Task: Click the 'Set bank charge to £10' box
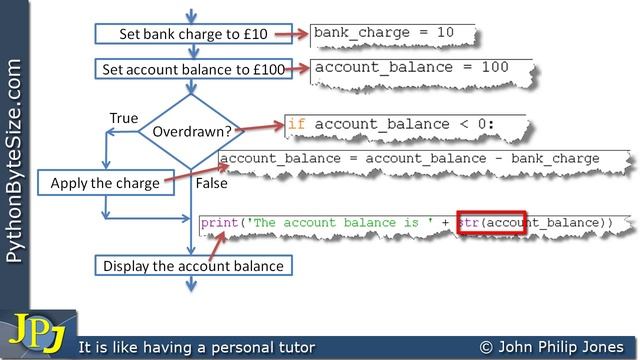193,34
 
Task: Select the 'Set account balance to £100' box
193,69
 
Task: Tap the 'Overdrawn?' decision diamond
191,131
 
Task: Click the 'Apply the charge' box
106,183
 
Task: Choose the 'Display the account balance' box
193,266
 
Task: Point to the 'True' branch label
124,118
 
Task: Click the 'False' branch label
211,183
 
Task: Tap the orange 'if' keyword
297,124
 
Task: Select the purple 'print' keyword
220,223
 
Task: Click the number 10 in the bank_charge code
445,32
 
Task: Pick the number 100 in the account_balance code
495,67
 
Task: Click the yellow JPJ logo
38,333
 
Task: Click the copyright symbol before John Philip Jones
486,347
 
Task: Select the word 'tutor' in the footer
297,347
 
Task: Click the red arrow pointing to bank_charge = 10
291,34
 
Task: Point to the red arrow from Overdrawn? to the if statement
260,128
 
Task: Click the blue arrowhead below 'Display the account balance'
191,285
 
